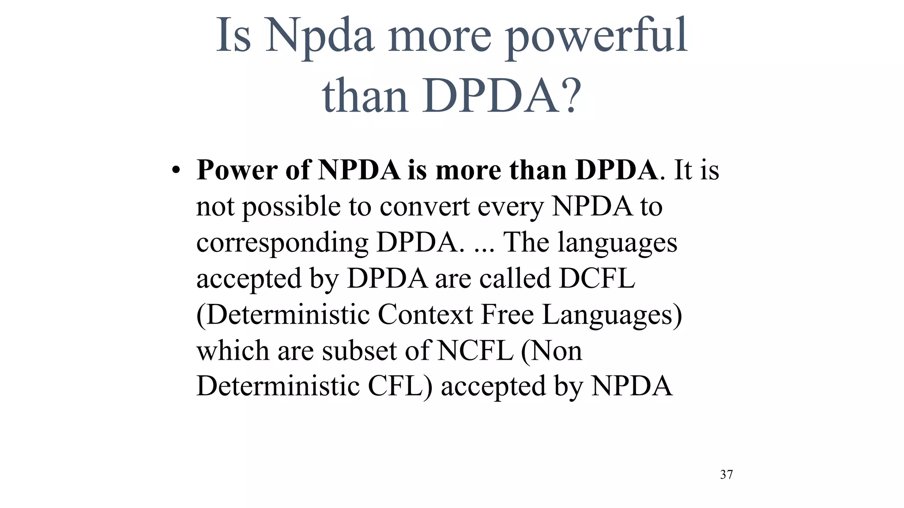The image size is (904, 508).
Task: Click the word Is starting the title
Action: point(234,35)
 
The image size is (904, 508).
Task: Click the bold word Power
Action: point(237,170)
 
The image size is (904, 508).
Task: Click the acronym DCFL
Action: point(597,278)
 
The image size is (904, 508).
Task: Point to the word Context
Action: point(425,314)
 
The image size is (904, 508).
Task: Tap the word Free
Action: point(507,314)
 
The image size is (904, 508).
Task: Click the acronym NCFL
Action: point(475,351)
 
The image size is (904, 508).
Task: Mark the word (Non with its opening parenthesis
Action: point(551,351)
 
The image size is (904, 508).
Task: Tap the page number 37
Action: point(726,474)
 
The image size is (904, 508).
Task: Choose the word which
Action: point(233,351)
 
